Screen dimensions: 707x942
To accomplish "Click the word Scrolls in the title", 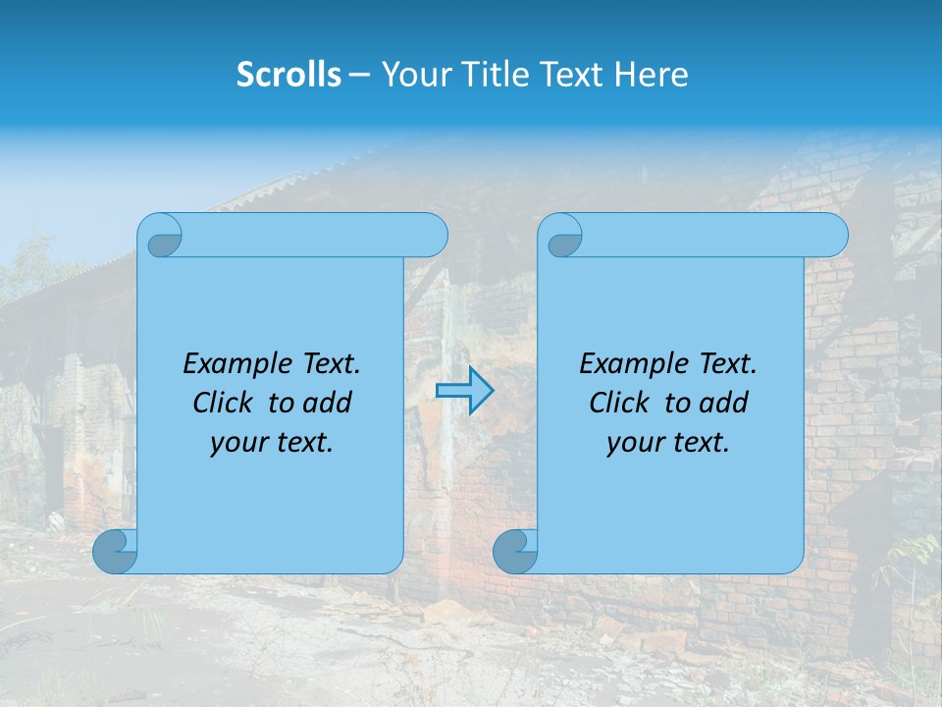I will coord(288,74).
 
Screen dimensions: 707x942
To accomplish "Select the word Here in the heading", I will coord(652,74).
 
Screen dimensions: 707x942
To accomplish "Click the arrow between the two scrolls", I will coord(465,391).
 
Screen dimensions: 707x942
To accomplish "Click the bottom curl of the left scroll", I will coord(115,551).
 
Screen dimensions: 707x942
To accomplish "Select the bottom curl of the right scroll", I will coord(515,551).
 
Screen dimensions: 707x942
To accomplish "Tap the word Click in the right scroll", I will coord(618,403).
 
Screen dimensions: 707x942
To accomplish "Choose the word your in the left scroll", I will coord(236,443).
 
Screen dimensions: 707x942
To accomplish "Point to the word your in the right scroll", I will coord(633,443).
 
